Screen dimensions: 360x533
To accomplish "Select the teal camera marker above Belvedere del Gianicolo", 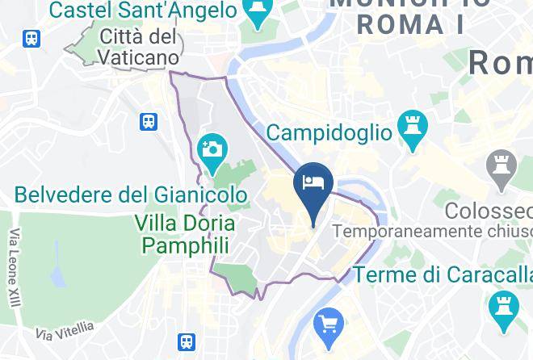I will [x=212, y=150].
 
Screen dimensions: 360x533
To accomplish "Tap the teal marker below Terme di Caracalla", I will [x=502, y=308].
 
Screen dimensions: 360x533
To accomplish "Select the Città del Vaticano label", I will [x=139, y=47].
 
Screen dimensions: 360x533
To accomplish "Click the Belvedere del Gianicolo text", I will [x=131, y=195].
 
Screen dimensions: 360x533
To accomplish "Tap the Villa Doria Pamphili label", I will [x=186, y=234].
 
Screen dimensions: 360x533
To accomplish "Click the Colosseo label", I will [x=489, y=211].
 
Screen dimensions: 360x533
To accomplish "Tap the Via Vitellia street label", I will [x=65, y=330].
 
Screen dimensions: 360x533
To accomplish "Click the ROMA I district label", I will [x=410, y=25].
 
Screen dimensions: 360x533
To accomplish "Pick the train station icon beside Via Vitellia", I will [x=187, y=342].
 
